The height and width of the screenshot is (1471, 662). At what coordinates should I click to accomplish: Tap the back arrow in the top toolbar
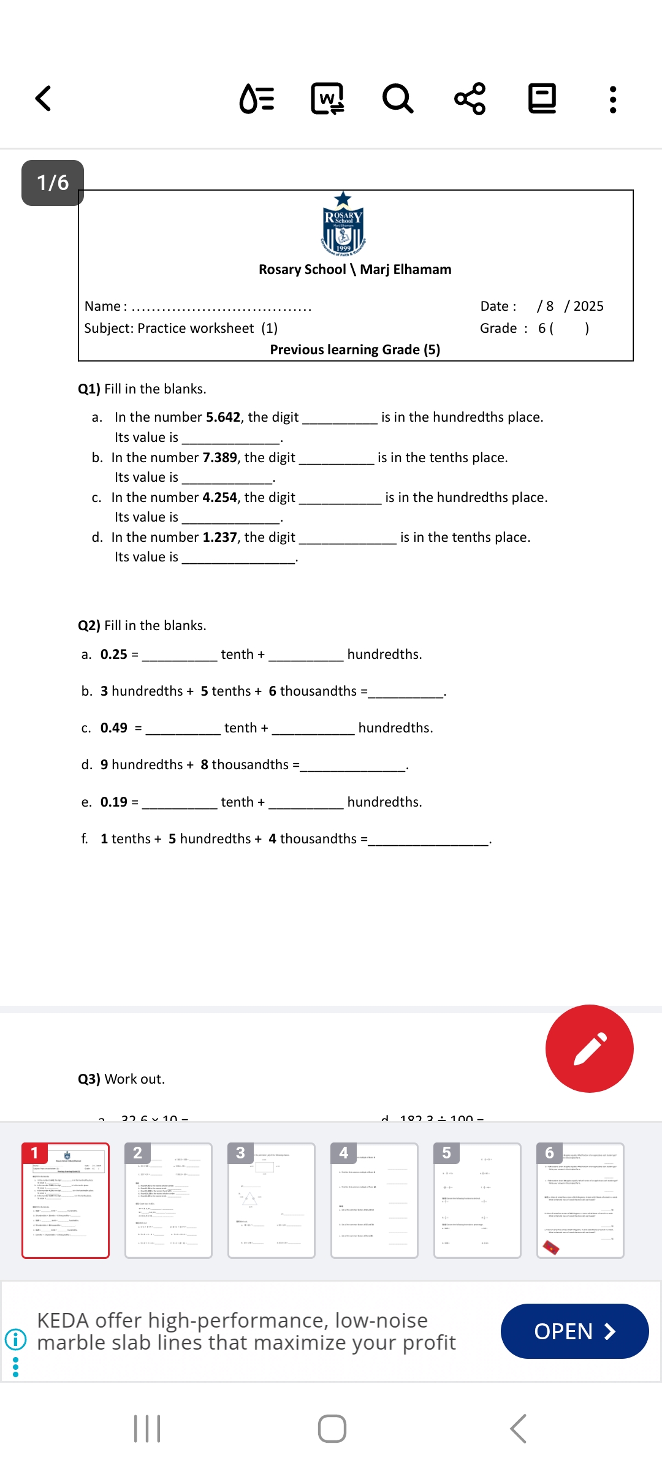tap(43, 99)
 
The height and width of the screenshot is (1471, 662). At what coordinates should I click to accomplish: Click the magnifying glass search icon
tap(398, 99)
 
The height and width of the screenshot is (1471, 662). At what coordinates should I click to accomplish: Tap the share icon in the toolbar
tap(470, 99)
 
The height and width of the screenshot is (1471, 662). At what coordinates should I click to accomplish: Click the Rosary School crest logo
tap(343, 226)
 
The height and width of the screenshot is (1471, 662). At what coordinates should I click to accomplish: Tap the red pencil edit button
tap(589, 1048)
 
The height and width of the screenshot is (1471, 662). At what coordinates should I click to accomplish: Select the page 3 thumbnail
tap(271, 1200)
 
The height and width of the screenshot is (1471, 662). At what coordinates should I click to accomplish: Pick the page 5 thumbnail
tap(477, 1200)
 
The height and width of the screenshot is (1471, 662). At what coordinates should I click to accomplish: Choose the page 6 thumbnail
tap(580, 1200)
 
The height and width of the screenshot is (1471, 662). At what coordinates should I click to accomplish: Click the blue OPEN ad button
tap(574, 1331)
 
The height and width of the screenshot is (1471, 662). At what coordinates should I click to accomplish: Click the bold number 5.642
tap(223, 417)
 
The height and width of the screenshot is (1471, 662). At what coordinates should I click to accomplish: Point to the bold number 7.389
tap(219, 458)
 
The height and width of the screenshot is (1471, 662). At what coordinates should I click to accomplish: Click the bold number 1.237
tap(219, 538)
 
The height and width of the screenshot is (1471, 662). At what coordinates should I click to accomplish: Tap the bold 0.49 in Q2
tap(114, 728)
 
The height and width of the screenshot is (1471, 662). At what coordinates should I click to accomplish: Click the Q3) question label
tap(89, 1079)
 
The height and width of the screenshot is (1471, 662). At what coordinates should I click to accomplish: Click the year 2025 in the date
tap(588, 306)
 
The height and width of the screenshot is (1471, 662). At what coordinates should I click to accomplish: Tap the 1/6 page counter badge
tap(53, 183)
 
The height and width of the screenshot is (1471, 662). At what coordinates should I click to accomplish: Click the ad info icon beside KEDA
tap(15, 1339)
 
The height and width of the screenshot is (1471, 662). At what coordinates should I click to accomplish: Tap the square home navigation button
tap(332, 1429)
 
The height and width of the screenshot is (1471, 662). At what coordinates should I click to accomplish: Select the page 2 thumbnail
tap(168, 1200)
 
